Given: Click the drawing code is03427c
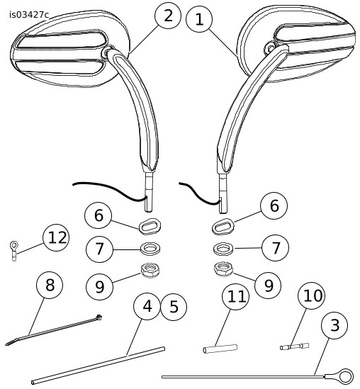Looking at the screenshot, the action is coord(29,15).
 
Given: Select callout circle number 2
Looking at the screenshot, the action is coord(168,16).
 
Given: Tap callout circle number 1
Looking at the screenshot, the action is coord(199,19).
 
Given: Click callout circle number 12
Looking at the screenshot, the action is coord(56,237).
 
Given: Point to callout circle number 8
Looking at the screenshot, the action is coord(50,285).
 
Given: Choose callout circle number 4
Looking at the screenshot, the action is coord(147,306).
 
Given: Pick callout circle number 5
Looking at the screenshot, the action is coord(174,307).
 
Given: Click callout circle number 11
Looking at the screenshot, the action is coord(235,297).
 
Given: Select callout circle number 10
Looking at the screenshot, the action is coord(312,295).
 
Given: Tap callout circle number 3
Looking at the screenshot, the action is coord(334,325).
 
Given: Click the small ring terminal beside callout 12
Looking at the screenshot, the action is coord(14,251).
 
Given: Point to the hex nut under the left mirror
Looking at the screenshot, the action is coord(150,271).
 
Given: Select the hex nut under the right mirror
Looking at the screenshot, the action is coord(223,269).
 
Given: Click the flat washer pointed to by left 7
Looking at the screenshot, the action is coord(150,248).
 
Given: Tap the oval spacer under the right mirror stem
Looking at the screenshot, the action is coord(223,226).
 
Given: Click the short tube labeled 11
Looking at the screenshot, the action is coord(220,349).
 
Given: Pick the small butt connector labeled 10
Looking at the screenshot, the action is coord(295,346).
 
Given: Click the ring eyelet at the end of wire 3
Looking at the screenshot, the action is coord(345,376).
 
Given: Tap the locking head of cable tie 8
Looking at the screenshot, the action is coord(99,317).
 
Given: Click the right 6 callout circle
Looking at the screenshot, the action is coord(274,206).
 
